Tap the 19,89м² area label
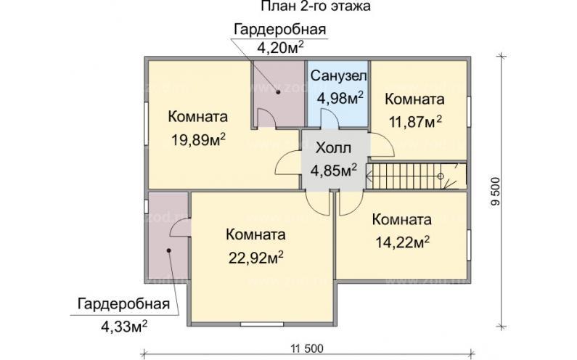197,140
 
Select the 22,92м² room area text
255,258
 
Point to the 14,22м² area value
401,242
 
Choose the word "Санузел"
339,77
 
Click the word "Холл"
333,148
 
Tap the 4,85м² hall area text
333,171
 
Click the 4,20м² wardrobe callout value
279,48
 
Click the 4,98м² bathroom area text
339,98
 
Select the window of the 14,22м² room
468,245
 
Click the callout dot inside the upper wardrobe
277,92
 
